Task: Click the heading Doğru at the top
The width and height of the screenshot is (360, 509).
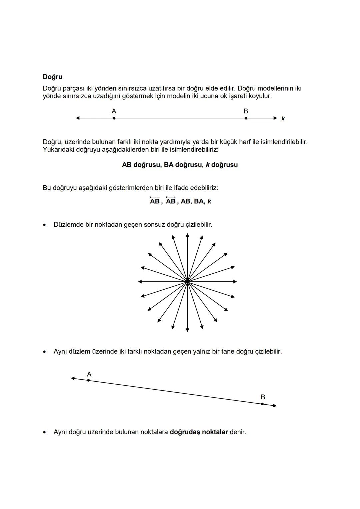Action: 52,77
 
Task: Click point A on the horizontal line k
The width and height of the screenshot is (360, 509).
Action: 114,118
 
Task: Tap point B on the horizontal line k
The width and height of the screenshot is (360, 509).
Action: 246,118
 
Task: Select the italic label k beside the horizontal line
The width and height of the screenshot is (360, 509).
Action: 283,119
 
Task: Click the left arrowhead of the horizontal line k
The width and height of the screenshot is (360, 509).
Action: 78,118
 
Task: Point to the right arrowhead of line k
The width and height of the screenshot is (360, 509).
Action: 275,118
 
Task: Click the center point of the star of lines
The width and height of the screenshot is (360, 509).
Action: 187,282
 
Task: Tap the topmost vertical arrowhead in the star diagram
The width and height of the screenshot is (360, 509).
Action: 187,235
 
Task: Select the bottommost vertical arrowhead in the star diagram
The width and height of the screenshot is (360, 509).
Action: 187,330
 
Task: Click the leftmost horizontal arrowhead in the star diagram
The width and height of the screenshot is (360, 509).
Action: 140,282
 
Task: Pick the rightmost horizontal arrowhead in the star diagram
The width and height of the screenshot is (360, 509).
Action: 235,282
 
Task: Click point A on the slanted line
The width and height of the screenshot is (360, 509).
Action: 88,380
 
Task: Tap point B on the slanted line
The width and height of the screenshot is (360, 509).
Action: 262,404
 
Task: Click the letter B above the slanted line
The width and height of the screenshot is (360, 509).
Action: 263,397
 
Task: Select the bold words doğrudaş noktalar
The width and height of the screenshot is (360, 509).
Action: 199,432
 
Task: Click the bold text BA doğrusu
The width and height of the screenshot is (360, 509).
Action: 183,165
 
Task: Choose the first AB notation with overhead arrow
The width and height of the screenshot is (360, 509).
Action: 155,201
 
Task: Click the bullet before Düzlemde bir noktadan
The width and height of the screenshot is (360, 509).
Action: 44,225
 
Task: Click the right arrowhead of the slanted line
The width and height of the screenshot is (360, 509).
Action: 275,406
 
